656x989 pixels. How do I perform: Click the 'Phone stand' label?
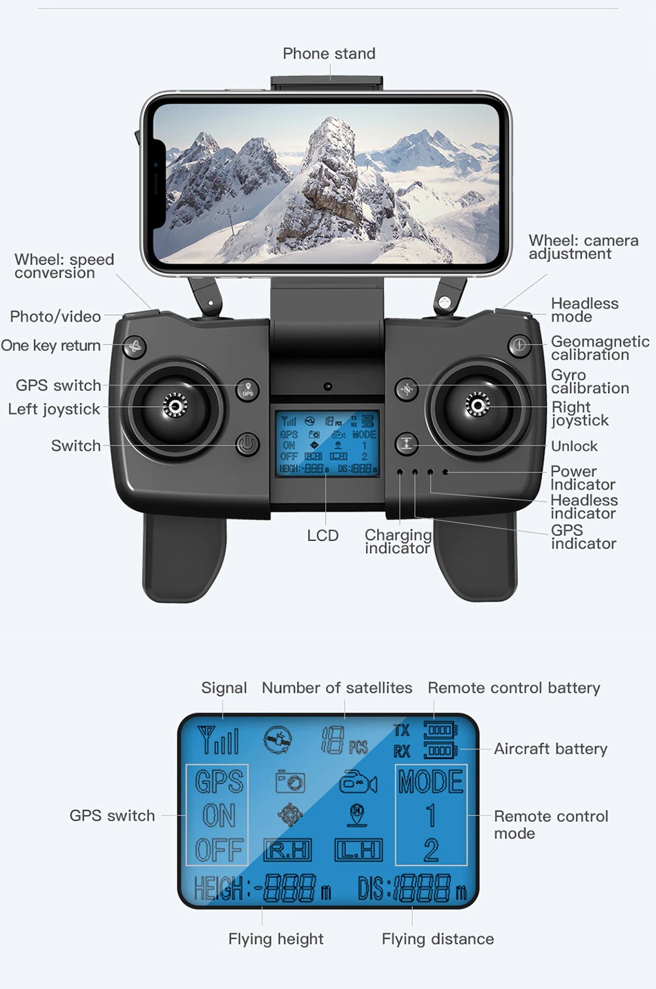(x=329, y=54)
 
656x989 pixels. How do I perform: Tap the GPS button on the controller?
(x=248, y=390)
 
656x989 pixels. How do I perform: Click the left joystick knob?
(x=175, y=406)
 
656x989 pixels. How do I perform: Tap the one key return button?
(x=135, y=346)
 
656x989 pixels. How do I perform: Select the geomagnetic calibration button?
(x=519, y=345)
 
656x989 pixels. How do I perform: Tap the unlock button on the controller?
(x=407, y=443)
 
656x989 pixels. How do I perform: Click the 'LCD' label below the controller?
(x=322, y=536)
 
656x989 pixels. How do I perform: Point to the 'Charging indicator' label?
(x=398, y=541)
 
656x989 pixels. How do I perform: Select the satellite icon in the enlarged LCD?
(x=278, y=740)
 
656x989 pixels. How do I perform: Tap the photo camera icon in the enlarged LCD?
(x=290, y=782)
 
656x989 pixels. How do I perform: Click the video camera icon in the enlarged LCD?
(x=358, y=782)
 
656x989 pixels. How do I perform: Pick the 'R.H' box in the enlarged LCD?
(x=288, y=850)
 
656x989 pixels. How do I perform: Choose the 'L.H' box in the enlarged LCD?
(x=358, y=850)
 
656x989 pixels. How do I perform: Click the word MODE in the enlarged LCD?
(x=431, y=782)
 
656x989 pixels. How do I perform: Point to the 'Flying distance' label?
(x=438, y=939)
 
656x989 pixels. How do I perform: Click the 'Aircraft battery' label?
(x=550, y=749)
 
